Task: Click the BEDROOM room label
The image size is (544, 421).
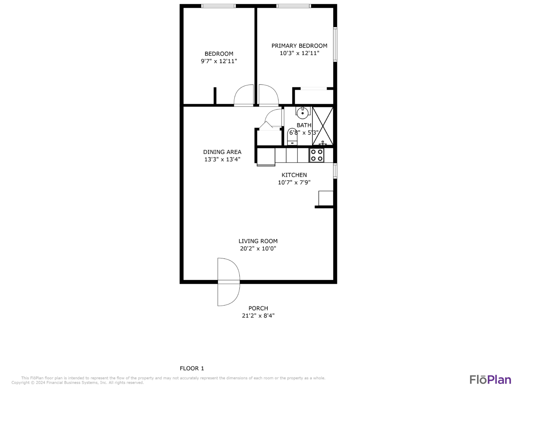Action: [x=219, y=54]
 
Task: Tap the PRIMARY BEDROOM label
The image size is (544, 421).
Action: [x=299, y=46]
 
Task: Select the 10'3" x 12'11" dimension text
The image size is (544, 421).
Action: [x=299, y=53]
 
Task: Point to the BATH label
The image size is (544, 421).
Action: [x=304, y=125]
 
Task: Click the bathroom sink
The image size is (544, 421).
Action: [x=303, y=113]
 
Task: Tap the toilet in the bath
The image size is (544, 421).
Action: [x=292, y=137]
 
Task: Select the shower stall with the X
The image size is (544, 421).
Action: [x=323, y=126]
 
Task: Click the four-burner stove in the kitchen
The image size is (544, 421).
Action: [x=317, y=155]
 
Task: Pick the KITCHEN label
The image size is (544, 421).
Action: [x=294, y=175]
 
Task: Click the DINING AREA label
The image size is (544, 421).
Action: [x=222, y=152]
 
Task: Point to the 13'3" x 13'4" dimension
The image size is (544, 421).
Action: [x=222, y=159]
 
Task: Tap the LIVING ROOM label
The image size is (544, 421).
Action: [x=258, y=241]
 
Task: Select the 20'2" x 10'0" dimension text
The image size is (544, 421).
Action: [x=258, y=248]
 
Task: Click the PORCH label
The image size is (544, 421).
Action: [x=258, y=308]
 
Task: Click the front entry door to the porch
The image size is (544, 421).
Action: [x=228, y=282]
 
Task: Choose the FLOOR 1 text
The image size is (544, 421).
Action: [x=192, y=368]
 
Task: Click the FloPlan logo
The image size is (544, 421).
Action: [x=490, y=380]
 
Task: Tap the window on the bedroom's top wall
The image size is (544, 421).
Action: [x=218, y=6]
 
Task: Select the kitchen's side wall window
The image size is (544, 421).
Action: [x=335, y=171]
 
